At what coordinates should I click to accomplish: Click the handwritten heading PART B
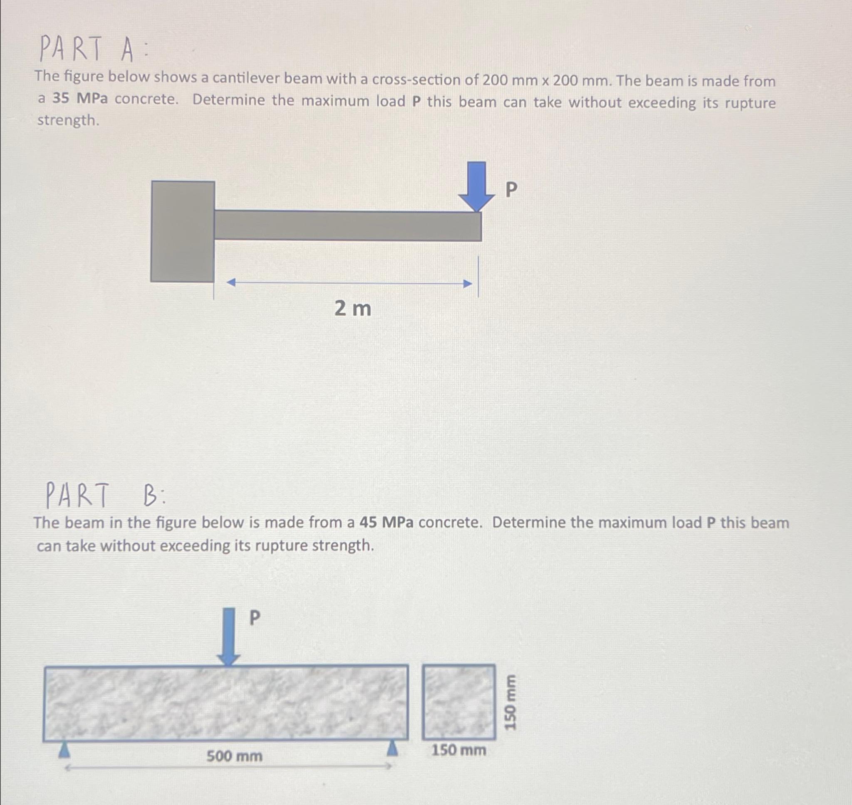(x=106, y=495)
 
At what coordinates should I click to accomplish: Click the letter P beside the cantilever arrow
(x=511, y=190)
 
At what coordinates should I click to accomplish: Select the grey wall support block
(x=182, y=231)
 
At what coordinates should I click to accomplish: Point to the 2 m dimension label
(x=352, y=309)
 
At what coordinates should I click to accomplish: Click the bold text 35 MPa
(x=80, y=99)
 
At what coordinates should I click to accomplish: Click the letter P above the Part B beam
(x=255, y=618)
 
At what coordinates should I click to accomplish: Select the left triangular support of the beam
(x=64, y=749)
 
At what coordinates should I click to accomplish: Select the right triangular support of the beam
(x=391, y=749)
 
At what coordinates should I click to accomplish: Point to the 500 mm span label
(x=234, y=756)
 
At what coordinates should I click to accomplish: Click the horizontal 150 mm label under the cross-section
(x=458, y=750)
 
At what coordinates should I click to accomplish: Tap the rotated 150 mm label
(x=510, y=702)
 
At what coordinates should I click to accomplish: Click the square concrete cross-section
(x=458, y=701)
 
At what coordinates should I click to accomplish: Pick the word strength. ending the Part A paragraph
(x=68, y=121)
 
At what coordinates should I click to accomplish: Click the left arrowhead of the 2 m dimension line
(x=231, y=282)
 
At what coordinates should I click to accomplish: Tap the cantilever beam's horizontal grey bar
(x=348, y=226)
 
